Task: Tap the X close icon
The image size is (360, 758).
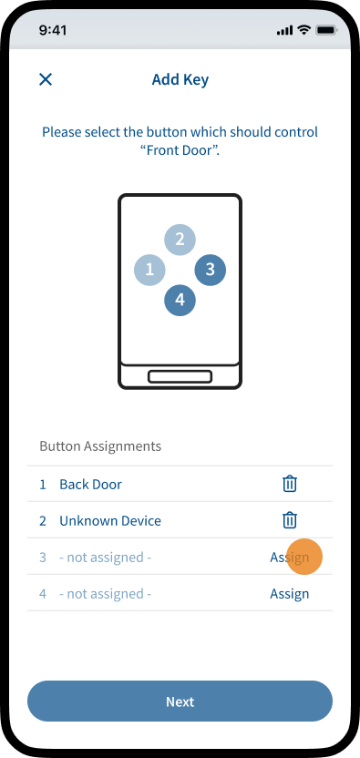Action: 46,79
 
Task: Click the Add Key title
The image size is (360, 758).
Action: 180,79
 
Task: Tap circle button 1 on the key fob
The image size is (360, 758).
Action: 149,270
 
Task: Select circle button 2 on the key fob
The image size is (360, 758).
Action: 180,239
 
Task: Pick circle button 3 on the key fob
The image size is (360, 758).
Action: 210,270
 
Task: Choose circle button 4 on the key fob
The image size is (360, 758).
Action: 180,301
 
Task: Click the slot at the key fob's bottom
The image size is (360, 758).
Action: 180,376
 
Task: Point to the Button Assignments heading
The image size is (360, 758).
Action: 100,446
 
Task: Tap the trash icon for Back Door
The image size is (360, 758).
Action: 289,484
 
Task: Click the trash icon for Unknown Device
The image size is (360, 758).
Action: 289,520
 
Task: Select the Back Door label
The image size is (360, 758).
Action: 90,485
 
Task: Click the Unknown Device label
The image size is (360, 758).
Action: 110,520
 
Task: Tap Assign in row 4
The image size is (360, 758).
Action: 289,594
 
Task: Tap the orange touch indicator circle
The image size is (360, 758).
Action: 304,557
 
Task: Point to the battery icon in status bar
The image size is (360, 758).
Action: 327,30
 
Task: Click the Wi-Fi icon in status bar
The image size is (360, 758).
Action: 303,30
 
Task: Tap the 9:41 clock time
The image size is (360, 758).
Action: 52,30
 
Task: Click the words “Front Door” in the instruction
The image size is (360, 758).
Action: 180,149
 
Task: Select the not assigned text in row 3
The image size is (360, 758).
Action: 106,558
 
